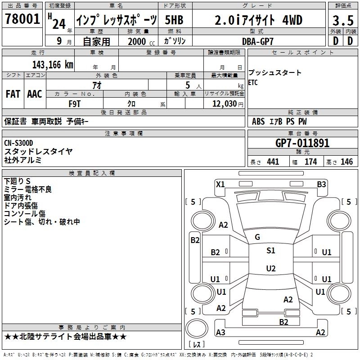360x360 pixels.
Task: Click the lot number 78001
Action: point(22,20)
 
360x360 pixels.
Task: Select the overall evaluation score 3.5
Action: point(342,21)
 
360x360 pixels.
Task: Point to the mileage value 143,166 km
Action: point(52,64)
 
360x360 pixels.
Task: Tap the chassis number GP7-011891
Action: point(302,143)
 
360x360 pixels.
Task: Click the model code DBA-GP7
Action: point(261,41)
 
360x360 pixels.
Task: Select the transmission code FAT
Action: point(13,94)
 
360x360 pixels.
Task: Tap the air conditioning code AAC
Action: point(35,94)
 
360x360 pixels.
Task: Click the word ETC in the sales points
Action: point(253,82)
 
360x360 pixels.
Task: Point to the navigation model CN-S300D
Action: point(22,143)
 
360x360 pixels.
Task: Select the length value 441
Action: point(273,162)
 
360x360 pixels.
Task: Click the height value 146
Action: point(346,162)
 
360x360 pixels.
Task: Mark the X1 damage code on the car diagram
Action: point(220,184)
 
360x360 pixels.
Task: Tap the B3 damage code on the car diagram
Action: point(321,184)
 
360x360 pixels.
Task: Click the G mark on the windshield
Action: point(257,237)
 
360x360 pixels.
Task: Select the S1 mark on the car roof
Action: point(270,251)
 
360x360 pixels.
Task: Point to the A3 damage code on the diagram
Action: point(220,333)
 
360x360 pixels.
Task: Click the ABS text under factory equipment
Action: point(258,121)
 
